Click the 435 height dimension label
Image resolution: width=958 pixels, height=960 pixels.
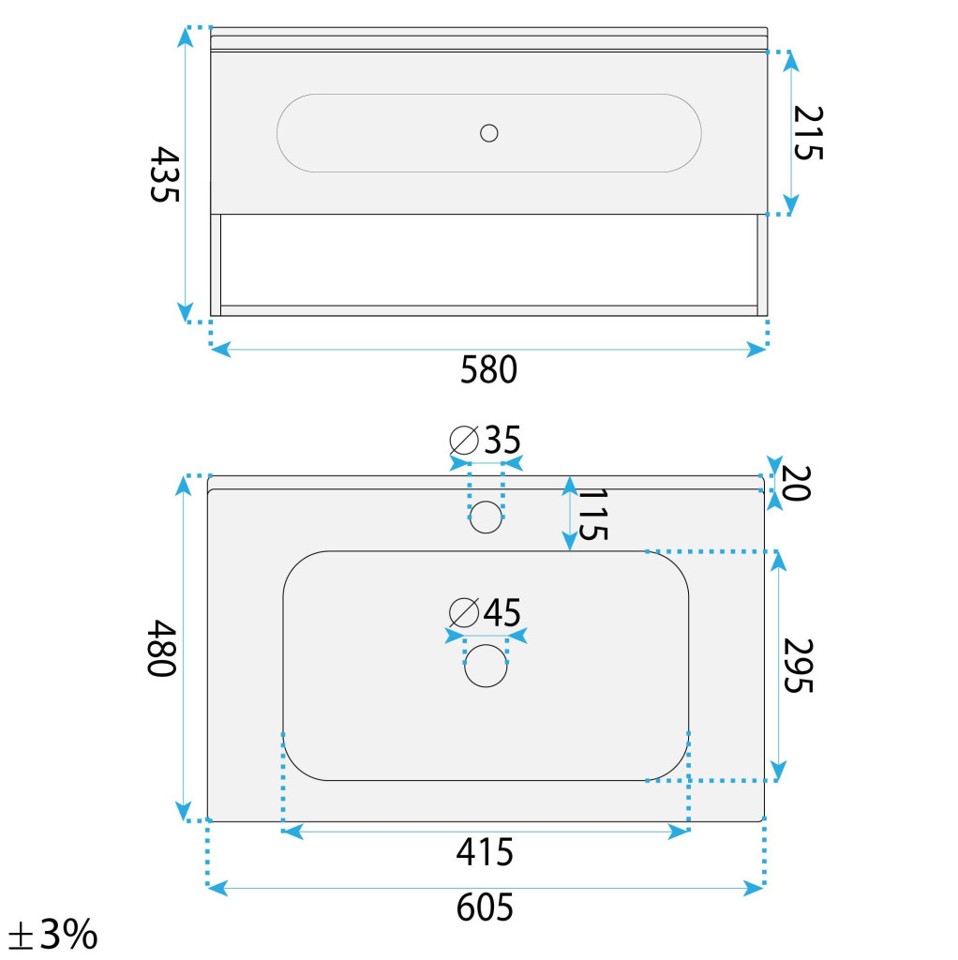pos(165,173)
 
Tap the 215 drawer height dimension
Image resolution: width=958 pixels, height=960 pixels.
pos(808,133)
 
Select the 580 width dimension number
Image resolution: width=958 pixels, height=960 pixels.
pos(488,369)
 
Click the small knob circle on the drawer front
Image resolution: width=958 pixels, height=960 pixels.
pos(489,133)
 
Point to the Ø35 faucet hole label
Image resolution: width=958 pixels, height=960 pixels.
pos(485,440)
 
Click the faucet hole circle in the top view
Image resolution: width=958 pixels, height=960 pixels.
pos(486,517)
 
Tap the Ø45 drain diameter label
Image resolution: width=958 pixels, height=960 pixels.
pos(485,612)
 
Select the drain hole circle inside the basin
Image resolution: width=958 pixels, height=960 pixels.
pos(486,666)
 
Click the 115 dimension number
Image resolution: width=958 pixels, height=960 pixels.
pos(592,515)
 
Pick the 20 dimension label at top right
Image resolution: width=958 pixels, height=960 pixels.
pos(797,483)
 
